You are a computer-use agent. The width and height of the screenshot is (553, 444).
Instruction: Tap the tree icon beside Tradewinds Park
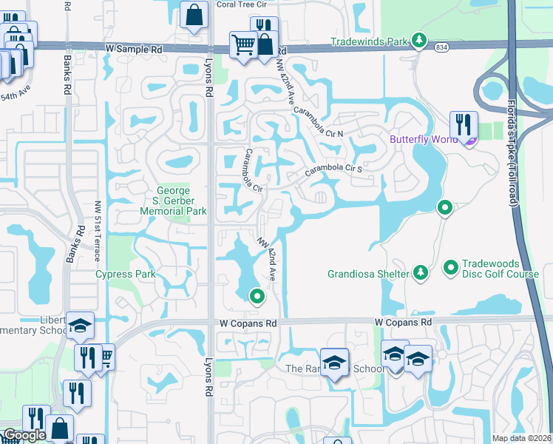419,39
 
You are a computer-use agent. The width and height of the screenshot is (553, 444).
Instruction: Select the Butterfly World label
421,139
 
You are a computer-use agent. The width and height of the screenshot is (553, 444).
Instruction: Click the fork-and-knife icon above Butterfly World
463,124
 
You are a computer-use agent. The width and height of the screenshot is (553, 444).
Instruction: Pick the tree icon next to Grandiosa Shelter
421,274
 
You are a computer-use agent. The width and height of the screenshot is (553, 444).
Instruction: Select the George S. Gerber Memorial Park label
174,200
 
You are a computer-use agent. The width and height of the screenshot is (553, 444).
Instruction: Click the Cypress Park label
125,275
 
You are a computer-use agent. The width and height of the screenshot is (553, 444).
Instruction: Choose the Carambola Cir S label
333,169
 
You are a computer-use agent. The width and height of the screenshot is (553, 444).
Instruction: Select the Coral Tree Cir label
240,4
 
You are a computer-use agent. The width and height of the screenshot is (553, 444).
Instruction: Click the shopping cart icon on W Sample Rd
242,44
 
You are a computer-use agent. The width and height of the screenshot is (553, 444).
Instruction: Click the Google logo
24,435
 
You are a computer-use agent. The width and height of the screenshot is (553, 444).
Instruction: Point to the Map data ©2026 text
521,438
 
